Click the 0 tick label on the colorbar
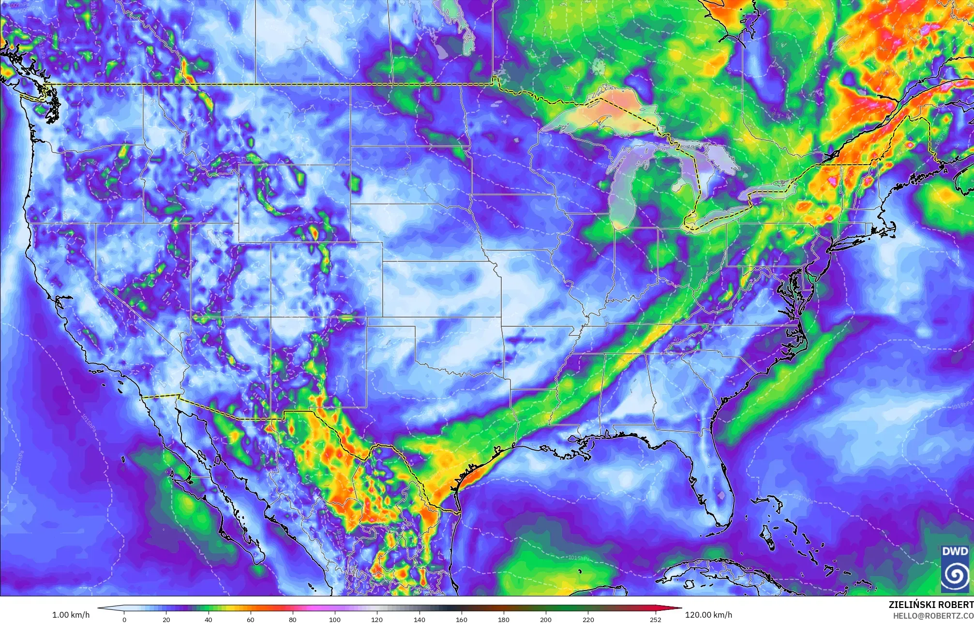click(x=124, y=619)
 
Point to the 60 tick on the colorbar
click(x=250, y=619)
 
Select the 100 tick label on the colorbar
click(x=334, y=619)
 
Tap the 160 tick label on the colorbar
click(x=461, y=619)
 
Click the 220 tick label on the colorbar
click(x=588, y=619)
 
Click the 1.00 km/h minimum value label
click(x=71, y=615)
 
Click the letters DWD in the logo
click(x=955, y=551)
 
